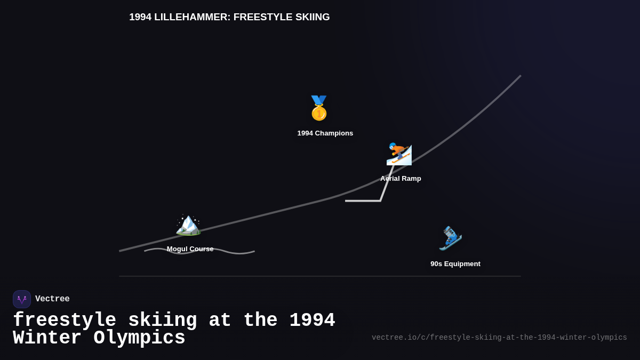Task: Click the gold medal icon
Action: click(319, 108)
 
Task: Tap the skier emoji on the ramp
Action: click(399, 154)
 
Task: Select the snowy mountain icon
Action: click(188, 225)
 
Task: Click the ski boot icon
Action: click(450, 238)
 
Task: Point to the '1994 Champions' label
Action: click(325, 133)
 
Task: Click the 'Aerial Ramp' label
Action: click(401, 179)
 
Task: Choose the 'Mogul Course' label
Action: click(190, 249)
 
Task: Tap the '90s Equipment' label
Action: click(455, 264)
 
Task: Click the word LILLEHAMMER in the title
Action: click(192, 17)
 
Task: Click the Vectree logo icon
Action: click(22, 299)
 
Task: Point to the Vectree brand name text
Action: click(52, 299)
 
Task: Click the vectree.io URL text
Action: click(499, 338)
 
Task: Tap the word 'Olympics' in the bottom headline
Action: click(139, 338)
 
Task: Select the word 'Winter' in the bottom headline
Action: click(47, 338)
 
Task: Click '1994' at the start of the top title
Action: click(140, 17)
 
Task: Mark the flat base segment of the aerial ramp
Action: click(363, 201)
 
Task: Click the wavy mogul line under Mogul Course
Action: click(235, 252)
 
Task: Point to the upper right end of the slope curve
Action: click(519, 77)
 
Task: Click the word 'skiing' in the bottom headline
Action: click(162, 321)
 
